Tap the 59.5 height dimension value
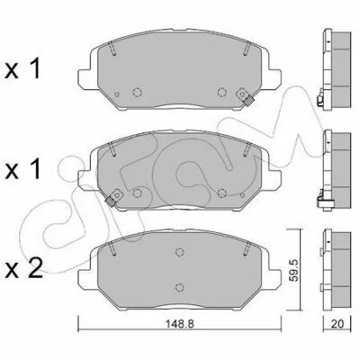(x=295, y=270)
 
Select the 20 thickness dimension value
(x=337, y=324)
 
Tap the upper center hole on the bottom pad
(x=179, y=252)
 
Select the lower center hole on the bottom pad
(x=179, y=287)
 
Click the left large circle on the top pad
(x=137, y=93)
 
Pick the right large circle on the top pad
(x=221, y=92)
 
